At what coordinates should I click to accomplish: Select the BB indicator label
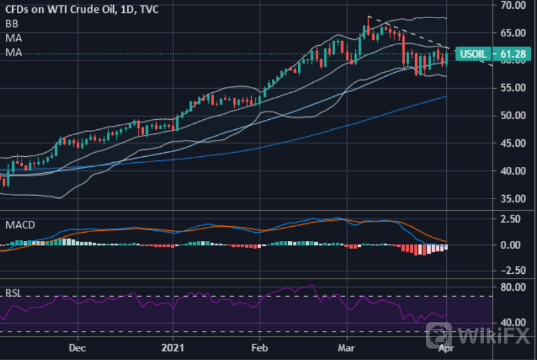click(11, 23)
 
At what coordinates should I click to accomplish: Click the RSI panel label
click(13, 293)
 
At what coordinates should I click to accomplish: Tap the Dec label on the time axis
click(77, 349)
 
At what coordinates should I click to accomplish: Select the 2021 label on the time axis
click(173, 349)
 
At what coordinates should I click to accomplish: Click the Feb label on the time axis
click(259, 349)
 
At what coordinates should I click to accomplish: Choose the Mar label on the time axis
click(347, 349)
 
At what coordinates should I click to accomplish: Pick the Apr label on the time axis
click(444, 349)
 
